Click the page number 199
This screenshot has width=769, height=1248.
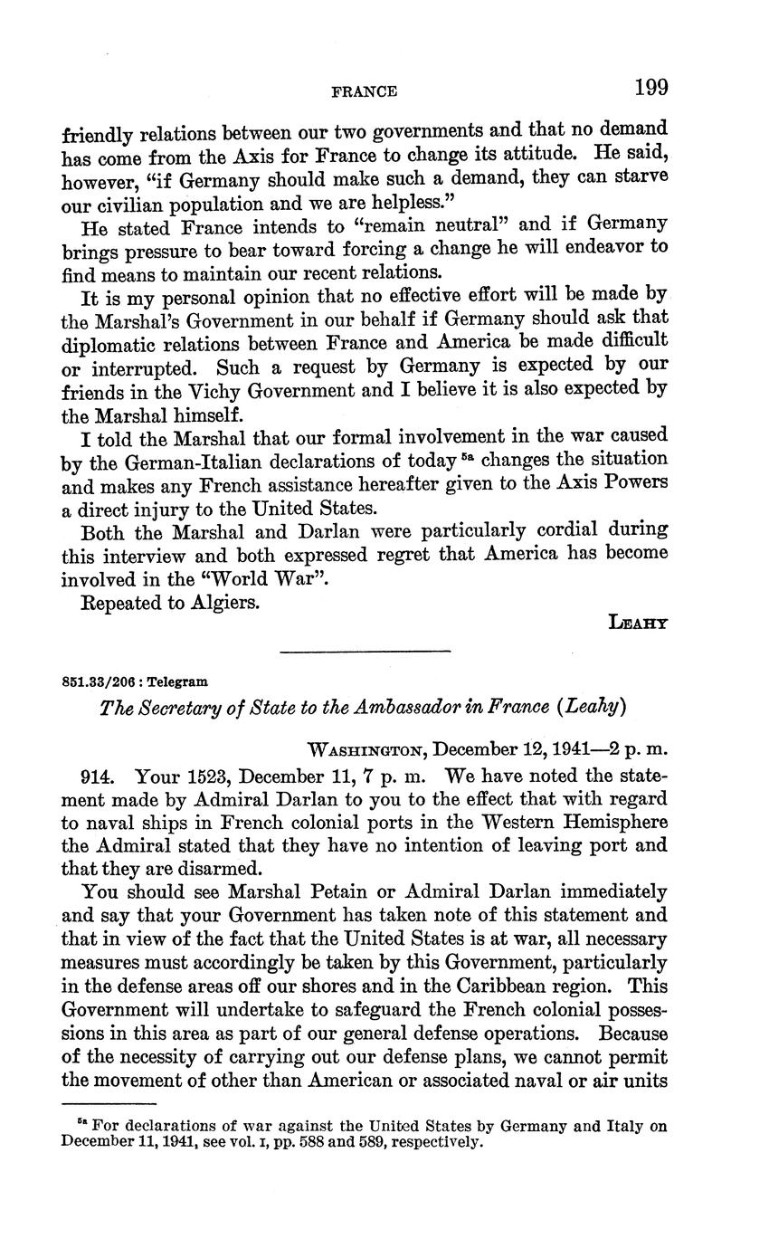(650, 88)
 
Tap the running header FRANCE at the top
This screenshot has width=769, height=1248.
(365, 91)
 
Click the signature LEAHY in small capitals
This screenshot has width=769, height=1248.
(640, 623)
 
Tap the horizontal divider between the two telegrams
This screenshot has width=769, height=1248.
(366, 650)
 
